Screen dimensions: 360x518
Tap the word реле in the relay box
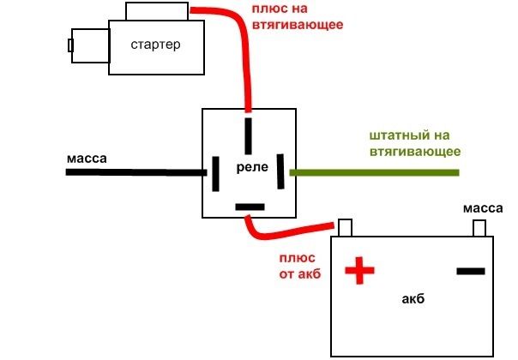(x=250, y=171)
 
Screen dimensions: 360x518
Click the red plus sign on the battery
(x=360, y=272)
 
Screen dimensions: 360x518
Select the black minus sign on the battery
(x=470, y=271)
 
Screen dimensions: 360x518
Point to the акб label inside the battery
(x=413, y=300)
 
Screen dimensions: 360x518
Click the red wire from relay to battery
(x=283, y=234)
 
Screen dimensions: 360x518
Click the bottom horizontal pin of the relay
(x=250, y=207)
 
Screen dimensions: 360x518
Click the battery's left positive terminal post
(x=345, y=227)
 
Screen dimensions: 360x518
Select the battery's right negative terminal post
(x=481, y=228)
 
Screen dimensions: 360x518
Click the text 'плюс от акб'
(x=297, y=265)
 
